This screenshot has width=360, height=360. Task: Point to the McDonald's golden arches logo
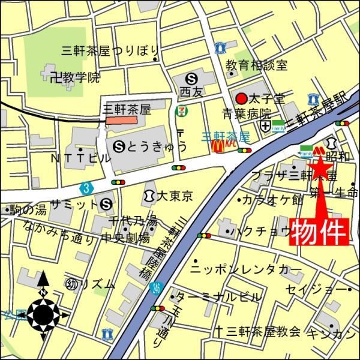point(217,145)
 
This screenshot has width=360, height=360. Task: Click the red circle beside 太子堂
point(241,97)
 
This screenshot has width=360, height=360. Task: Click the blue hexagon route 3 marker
point(88,188)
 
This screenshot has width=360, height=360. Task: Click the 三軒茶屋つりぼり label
point(110,50)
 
